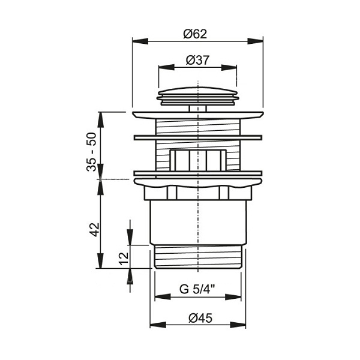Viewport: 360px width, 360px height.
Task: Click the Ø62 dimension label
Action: (x=195, y=34)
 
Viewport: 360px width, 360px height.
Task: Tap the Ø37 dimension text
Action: (x=197, y=61)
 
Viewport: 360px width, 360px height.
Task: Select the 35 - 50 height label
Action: (x=92, y=152)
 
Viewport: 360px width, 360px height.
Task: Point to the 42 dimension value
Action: (x=95, y=229)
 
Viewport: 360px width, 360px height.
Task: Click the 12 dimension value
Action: (x=124, y=259)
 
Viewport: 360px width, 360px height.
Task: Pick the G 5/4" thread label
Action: (x=197, y=289)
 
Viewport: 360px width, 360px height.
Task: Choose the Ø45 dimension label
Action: (x=200, y=318)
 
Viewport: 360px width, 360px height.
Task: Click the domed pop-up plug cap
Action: (x=197, y=96)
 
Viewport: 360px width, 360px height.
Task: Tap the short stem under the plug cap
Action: (x=197, y=109)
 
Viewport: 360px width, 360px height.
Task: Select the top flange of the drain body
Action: (x=197, y=115)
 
